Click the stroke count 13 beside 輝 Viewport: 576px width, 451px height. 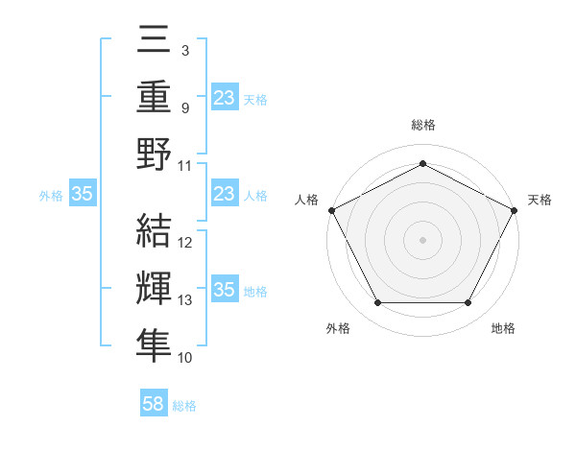(186, 300)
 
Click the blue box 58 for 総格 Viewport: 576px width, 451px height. (154, 405)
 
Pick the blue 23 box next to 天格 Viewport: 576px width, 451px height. (225, 98)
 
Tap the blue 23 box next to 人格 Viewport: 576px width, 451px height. (225, 195)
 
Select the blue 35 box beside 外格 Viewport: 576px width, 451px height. (83, 195)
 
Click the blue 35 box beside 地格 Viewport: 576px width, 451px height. (225, 291)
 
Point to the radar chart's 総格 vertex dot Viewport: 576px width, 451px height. (422, 163)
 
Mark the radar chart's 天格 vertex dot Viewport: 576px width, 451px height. (516, 209)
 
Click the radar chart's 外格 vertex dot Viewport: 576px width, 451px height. (377, 303)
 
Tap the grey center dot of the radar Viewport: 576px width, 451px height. (422, 239)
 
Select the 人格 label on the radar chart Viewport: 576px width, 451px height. (306, 200)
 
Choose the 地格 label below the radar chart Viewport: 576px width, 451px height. (503, 329)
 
